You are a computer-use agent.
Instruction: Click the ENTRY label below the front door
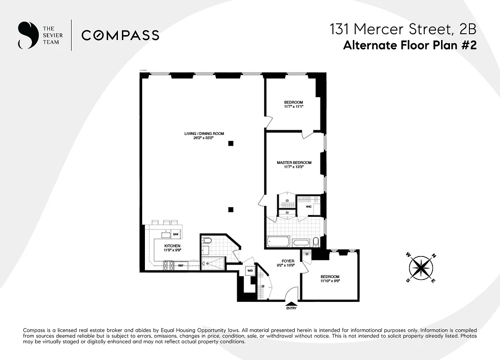pyautogui.click(x=292, y=308)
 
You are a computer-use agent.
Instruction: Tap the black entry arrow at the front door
pyautogui.click(x=292, y=303)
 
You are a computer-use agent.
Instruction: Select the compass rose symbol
pyautogui.click(x=421, y=268)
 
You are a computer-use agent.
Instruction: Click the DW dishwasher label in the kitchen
pyautogui.click(x=176, y=234)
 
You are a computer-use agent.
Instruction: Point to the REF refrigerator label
pyautogui.click(x=180, y=266)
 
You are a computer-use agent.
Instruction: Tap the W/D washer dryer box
pyautogui.click(x=249, y=271)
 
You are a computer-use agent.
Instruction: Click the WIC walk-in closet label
pyautogui.click(x=308, y=207)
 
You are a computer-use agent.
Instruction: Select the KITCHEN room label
pyautogui.click(x=172, y=246)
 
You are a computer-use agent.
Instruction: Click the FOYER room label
pyautogui.click(x=288, y=261)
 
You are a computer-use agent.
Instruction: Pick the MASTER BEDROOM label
pyautogui.click(x=294, y=162)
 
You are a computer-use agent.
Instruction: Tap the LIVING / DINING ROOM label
pyautogui.click(x=204, y=133)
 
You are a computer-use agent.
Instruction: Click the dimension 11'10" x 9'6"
pyautogui.click(x=330, y=281)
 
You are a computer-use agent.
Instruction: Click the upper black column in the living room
pyautogui.click(x=230, y=143)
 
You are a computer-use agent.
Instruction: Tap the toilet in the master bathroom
pyautogui.click(x=315, y=242)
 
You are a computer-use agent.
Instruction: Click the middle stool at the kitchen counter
pyautogui.click(x=166, y=222)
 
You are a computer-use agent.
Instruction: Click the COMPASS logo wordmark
pyautogui.click(x=120, y=35)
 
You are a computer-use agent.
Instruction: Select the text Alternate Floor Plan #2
pyautogui.click(x=409, y=45)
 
